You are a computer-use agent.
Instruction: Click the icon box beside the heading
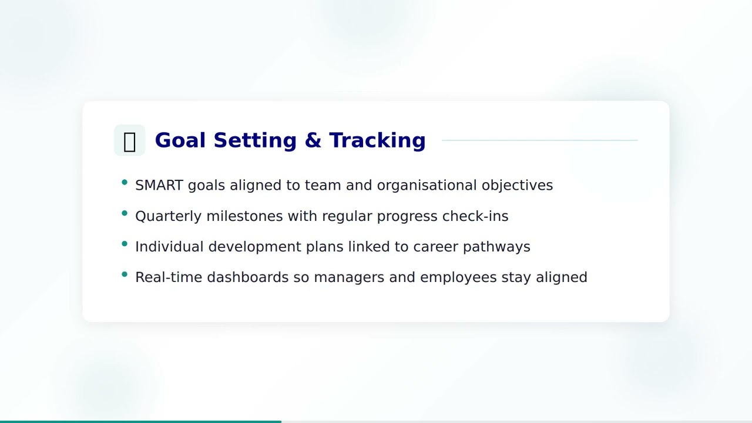pyautogui.click(x=129, y=140)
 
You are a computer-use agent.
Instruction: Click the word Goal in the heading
pyautogui.click(x=180, y=140)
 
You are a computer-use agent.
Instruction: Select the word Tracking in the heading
pyautogui.click(x=377, y=140)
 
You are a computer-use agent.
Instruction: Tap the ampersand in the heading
pyautogui.click(x=313, y=140)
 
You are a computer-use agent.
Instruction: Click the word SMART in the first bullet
pyautogui.click(x=159, y=185)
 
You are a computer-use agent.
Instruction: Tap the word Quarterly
pyautogui.click(x=168, y=216)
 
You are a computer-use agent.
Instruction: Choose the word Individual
pyautogui.click(x=169, y=247)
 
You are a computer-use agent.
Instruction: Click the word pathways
pyautogui.click(x=496, y=247)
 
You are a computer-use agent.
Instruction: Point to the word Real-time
pyautogui.click(x=169, y=277)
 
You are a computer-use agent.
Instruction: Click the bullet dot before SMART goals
pyautogui.click(x=125, y=183)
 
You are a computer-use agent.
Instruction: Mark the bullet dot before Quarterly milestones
pyautogui.click(x=125, y=213)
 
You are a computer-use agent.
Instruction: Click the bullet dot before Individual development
pyautogui.click(x=125, y=244)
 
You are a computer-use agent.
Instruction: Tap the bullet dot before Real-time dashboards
pyautogui.click(x=125, y=274)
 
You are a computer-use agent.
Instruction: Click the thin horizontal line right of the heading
pyautogui.click(x=539, y=140)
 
